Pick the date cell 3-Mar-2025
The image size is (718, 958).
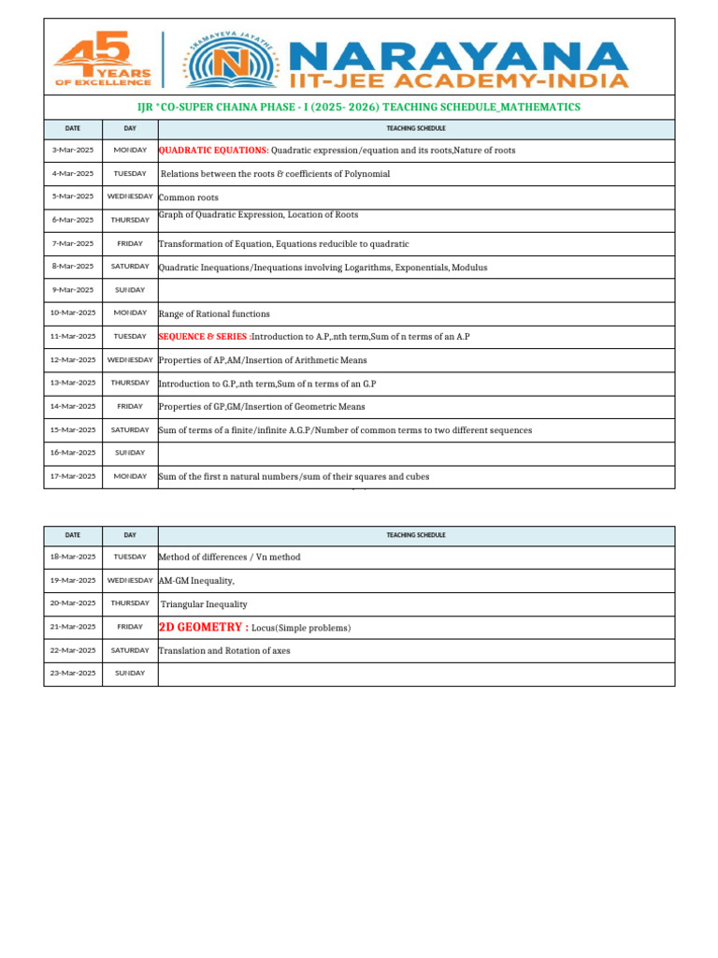73,151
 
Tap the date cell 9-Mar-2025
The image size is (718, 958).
73,290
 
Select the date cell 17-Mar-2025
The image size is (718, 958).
73,476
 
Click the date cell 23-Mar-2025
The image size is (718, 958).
73,674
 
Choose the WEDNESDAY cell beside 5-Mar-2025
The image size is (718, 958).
130,196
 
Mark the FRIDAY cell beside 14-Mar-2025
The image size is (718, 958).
130,407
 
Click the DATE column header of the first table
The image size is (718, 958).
73,128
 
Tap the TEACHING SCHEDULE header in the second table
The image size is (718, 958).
416,535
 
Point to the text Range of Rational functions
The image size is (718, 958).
214,314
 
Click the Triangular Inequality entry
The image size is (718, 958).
204,604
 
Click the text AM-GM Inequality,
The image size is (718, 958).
196,581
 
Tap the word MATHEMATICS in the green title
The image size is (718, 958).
541,108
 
